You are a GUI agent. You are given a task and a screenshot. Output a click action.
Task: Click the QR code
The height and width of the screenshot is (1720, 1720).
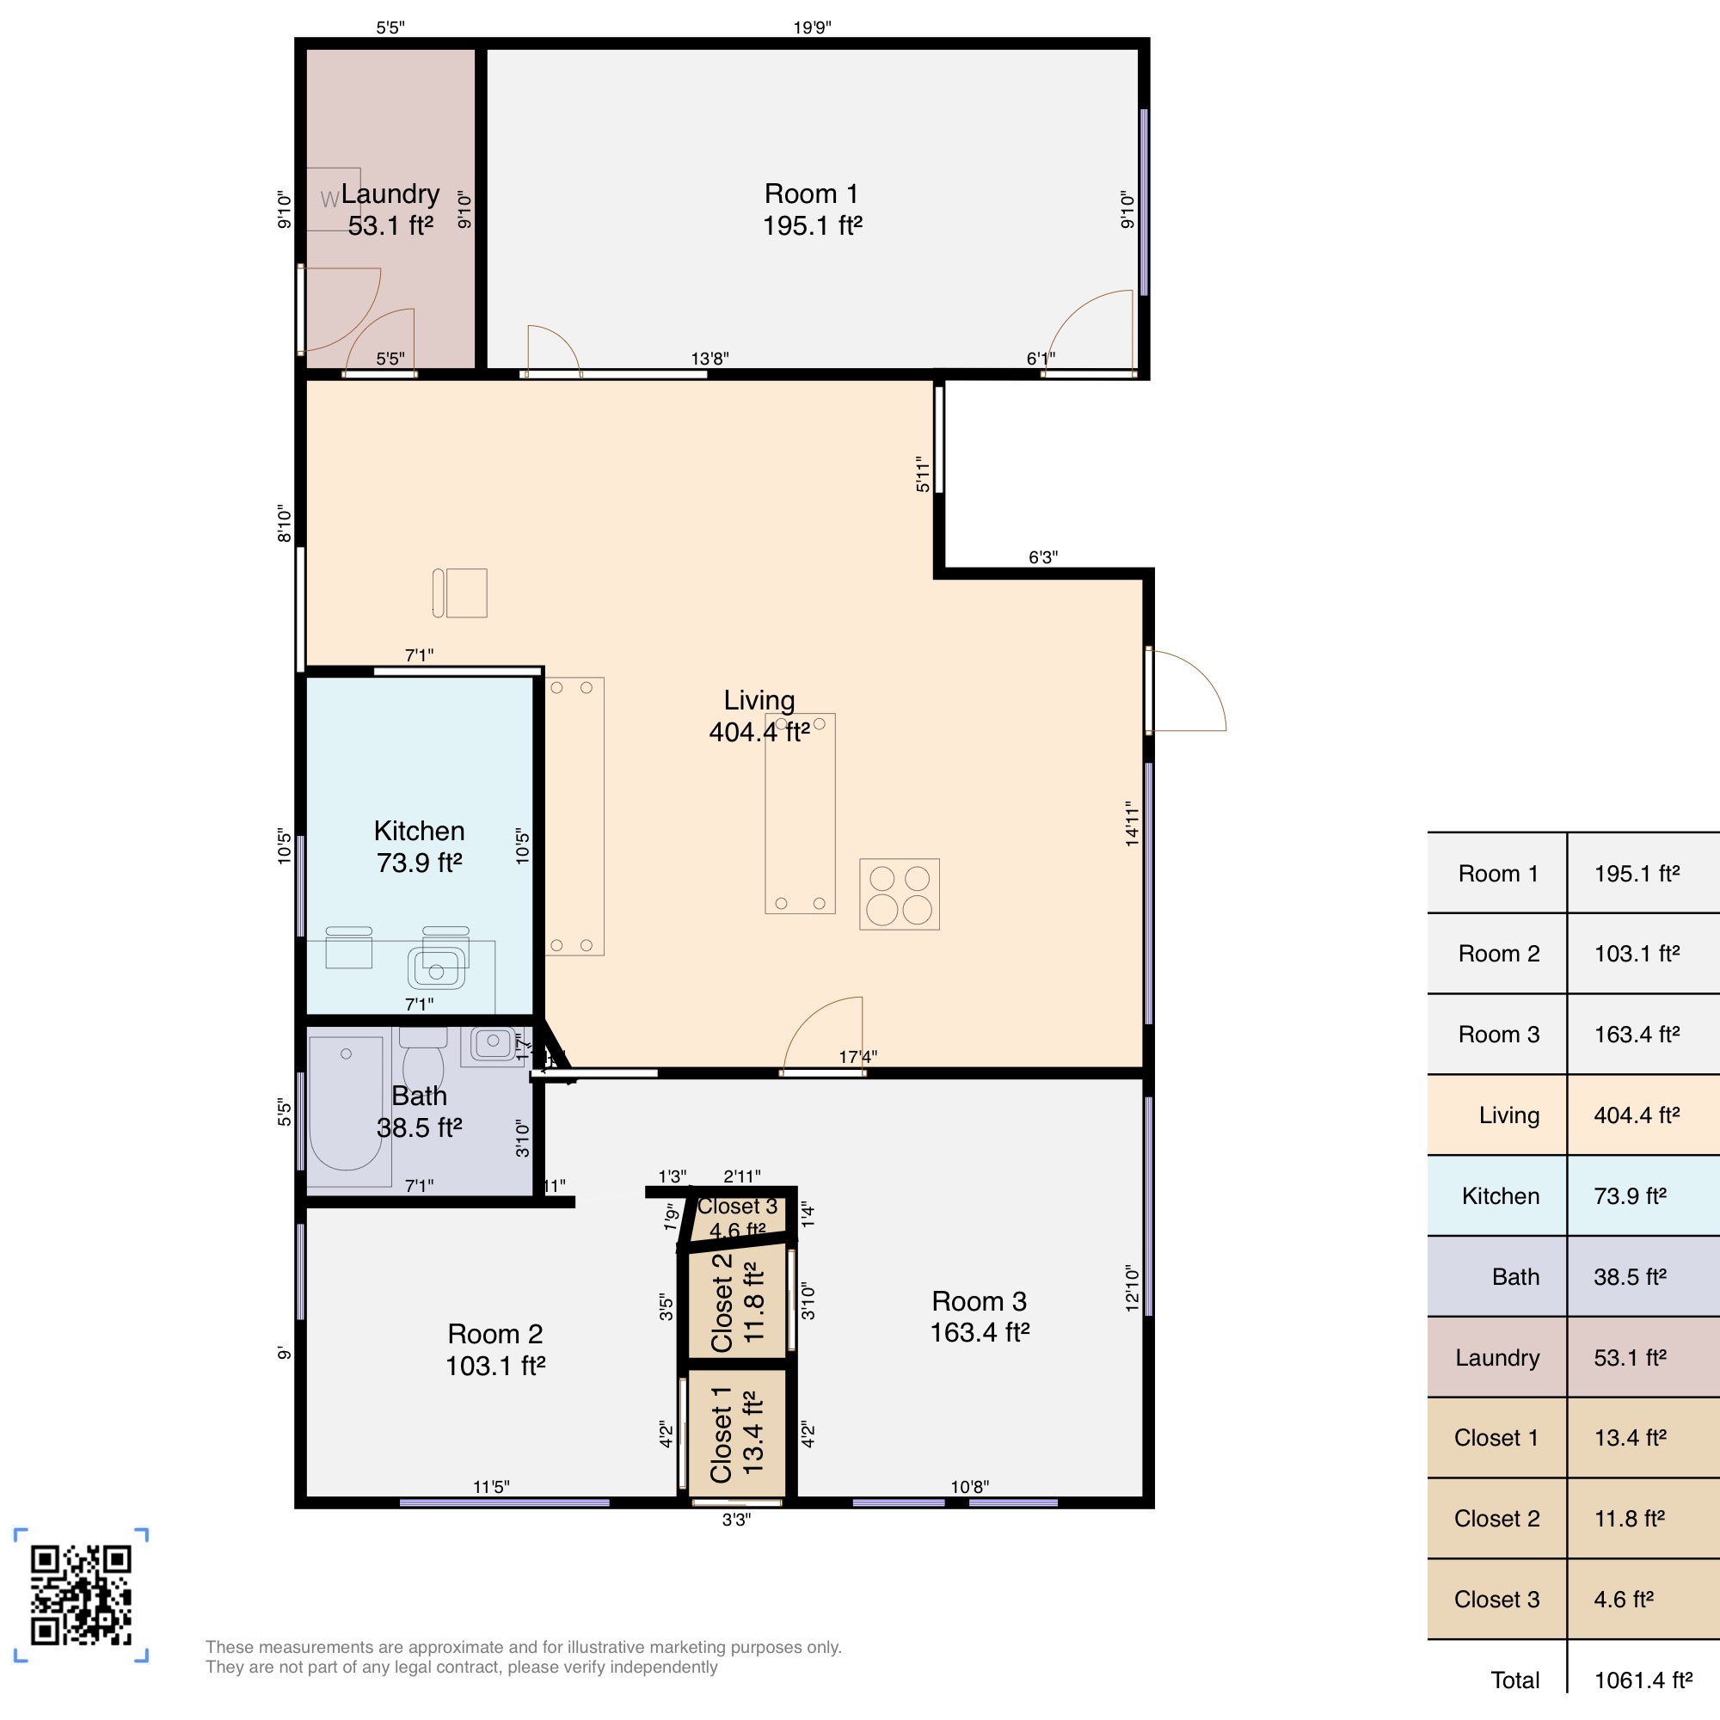(x=81, y=1594)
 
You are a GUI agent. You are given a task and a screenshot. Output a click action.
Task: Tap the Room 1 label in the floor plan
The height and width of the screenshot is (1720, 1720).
(x=811, y=194)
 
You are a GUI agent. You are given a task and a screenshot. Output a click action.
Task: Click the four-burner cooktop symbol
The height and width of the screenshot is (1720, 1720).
(x=900, y=894)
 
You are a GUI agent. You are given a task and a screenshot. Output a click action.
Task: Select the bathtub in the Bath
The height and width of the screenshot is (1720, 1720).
(x=347, y=1109)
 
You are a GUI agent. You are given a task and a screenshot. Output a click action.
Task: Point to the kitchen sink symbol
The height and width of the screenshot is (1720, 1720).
(x=436, y=968)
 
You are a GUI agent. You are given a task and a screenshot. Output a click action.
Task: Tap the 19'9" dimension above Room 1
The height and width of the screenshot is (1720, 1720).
(x=812, y=28)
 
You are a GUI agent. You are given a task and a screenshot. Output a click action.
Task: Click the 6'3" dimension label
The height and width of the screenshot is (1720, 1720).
(x=1042, y=557)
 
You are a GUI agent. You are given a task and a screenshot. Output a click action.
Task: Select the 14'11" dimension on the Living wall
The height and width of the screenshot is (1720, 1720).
(x=1132, y=823)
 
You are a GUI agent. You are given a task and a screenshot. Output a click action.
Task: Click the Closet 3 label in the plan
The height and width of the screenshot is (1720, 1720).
(x=737, y=1207)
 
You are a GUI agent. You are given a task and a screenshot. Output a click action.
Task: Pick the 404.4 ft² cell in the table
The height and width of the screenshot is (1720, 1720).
(x=1637, y=1115)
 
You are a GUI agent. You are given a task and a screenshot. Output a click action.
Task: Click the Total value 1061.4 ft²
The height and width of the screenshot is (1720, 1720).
(x=1643, y=1680)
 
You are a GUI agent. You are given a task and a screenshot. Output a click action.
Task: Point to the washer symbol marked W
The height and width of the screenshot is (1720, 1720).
(x=331, y=200)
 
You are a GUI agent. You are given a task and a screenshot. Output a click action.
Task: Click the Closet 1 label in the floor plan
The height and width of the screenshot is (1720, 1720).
(x=722, y=1434)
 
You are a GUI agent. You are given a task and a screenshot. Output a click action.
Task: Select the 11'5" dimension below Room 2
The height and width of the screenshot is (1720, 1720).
(x=490, y=1487)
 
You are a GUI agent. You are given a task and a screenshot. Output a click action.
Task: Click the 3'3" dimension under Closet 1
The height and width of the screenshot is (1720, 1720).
(x=736, y=1520)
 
